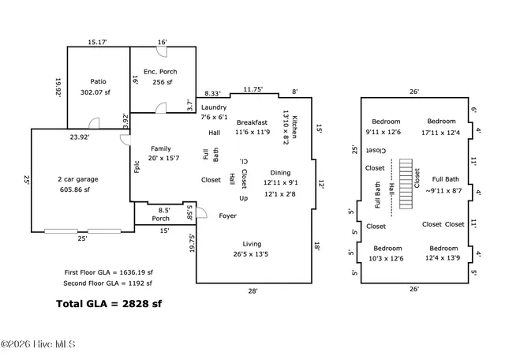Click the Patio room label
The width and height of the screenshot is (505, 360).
[99, 81]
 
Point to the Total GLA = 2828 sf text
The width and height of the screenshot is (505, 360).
[109, 303]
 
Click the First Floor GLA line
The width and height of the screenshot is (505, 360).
[108, 272]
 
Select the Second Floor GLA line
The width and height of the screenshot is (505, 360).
[108, 283]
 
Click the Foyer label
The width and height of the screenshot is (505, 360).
[227, 215]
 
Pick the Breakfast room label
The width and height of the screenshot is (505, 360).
[252, 122]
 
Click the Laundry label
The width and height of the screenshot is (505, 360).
[214, 107]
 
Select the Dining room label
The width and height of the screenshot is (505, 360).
[280, 172]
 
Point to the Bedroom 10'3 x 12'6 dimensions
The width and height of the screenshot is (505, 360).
[387, 258]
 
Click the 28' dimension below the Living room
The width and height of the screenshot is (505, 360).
[252, 291]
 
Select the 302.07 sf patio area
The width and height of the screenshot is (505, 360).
[99, 92]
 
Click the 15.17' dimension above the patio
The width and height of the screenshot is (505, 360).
[99, 42]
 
